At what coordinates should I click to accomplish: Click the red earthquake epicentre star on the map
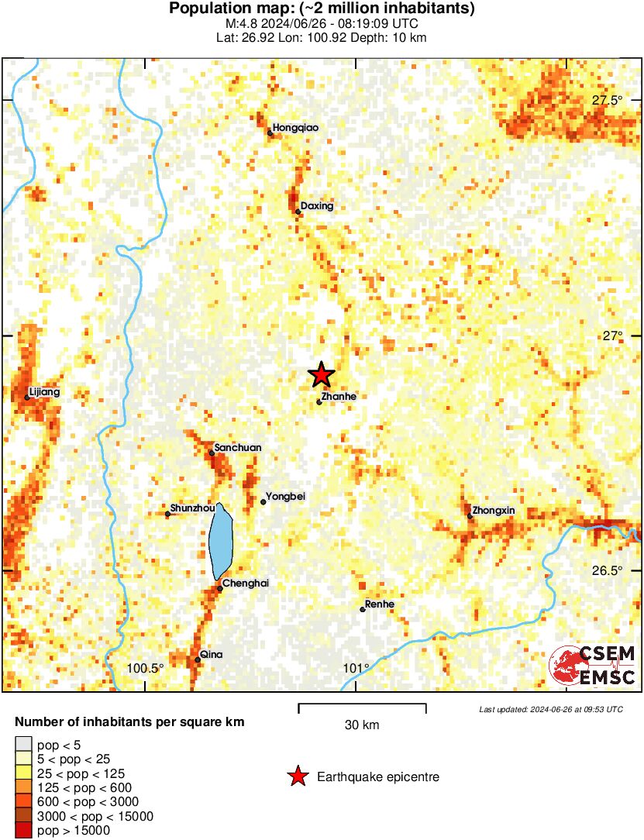click(x=321, y=375)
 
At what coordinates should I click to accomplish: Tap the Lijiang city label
click(x=43, y=392)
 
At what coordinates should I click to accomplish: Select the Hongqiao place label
click(x=296, y=128)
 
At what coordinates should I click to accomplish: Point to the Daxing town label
click(x=318, y=206)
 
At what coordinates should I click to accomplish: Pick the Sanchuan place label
click(x=238, y=448)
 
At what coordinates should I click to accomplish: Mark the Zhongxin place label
click(x=494, y=511)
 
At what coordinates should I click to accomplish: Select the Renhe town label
click(x=380, y=604)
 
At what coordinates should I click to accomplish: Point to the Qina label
click(x=212, y=655)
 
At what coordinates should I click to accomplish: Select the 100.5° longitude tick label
click(x=146, y=668)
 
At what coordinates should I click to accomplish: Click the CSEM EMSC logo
click(x=593, y=666)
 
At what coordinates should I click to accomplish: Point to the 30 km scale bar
click(x=362, y=707)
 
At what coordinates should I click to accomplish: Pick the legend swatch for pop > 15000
click(x=24, y=831)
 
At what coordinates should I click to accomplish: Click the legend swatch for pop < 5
click(x=24, y=745)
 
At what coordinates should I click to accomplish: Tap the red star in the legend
click(x=297, y=776)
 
